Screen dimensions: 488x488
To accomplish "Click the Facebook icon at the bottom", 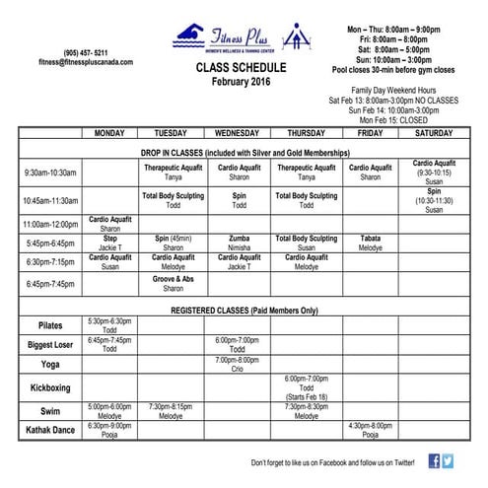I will [x=435, y=460].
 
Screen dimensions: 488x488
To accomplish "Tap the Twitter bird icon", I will [x=449, y=460].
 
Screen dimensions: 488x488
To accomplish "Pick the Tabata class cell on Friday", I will [x=370, y=243].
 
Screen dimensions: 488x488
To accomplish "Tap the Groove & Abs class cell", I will [x=174, y=284].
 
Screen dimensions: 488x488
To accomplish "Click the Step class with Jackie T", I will [x=110, y=243].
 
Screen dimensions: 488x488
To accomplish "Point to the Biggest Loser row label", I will [x=49, y=345].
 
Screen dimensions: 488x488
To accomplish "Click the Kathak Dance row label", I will [x=49, y=430].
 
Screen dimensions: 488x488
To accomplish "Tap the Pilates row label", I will [x=49, y=325].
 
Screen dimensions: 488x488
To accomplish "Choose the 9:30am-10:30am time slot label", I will [x=49, y=174].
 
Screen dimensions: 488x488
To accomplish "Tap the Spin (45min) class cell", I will [x=174, y=243].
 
